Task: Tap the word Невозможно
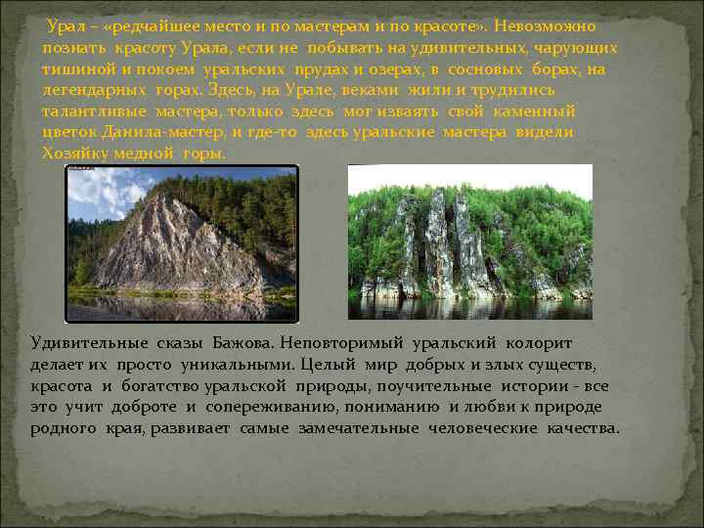(x=543, y=26)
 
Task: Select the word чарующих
(x=580, y=48)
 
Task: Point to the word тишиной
(x=74, y=69)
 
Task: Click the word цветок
(x=70, y=132)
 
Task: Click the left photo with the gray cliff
(x=181, y=242)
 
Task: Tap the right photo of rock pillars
(x=469, y=242)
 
